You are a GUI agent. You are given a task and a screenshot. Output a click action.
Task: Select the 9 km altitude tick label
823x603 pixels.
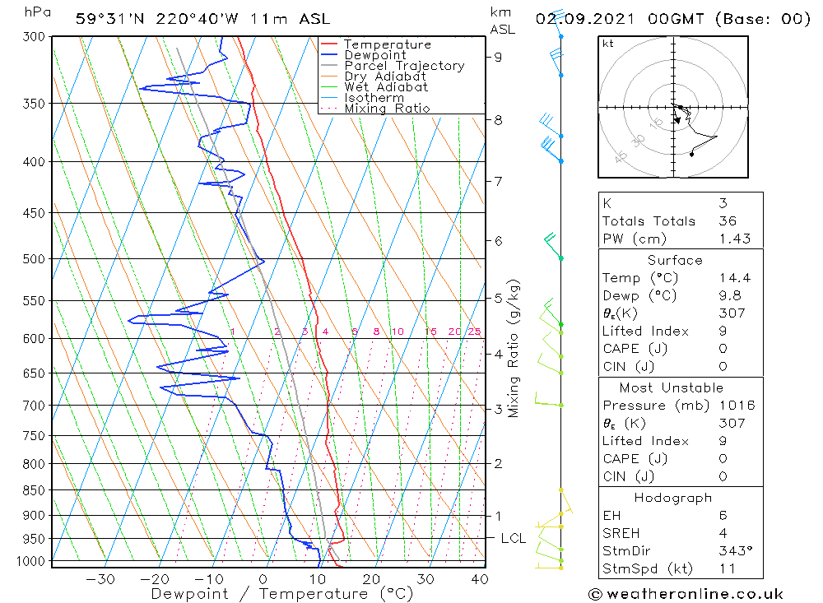click(499, 57)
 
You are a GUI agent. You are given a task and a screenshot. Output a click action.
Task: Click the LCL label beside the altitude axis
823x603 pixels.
click(514, 539)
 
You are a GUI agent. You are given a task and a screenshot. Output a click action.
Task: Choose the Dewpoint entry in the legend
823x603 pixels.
click(374, 55)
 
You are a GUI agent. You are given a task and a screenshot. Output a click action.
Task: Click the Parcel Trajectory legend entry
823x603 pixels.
click(404, 66)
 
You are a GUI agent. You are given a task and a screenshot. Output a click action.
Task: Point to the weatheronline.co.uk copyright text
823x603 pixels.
click(686, 594)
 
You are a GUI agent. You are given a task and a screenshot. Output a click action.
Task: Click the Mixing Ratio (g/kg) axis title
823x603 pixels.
click(514, 348)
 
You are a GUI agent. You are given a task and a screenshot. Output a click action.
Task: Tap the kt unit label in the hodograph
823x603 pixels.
click(608, 44)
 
